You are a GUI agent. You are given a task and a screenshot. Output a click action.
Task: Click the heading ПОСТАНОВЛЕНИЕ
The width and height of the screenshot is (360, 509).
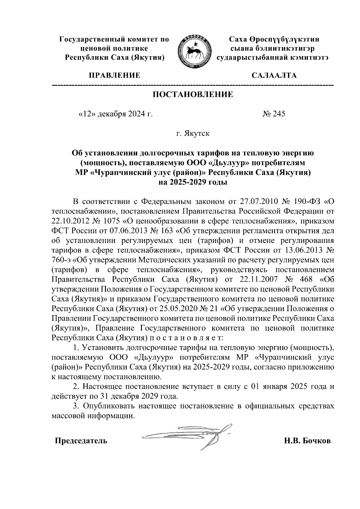coord(193,95)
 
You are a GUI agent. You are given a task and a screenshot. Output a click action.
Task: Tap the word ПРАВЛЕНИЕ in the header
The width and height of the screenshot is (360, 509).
coord(114,75)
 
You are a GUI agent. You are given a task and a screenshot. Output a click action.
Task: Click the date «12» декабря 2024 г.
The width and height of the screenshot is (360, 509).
coord(115,114)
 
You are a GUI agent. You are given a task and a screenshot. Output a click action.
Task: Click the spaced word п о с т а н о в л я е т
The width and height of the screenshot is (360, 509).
coord(185,337)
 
